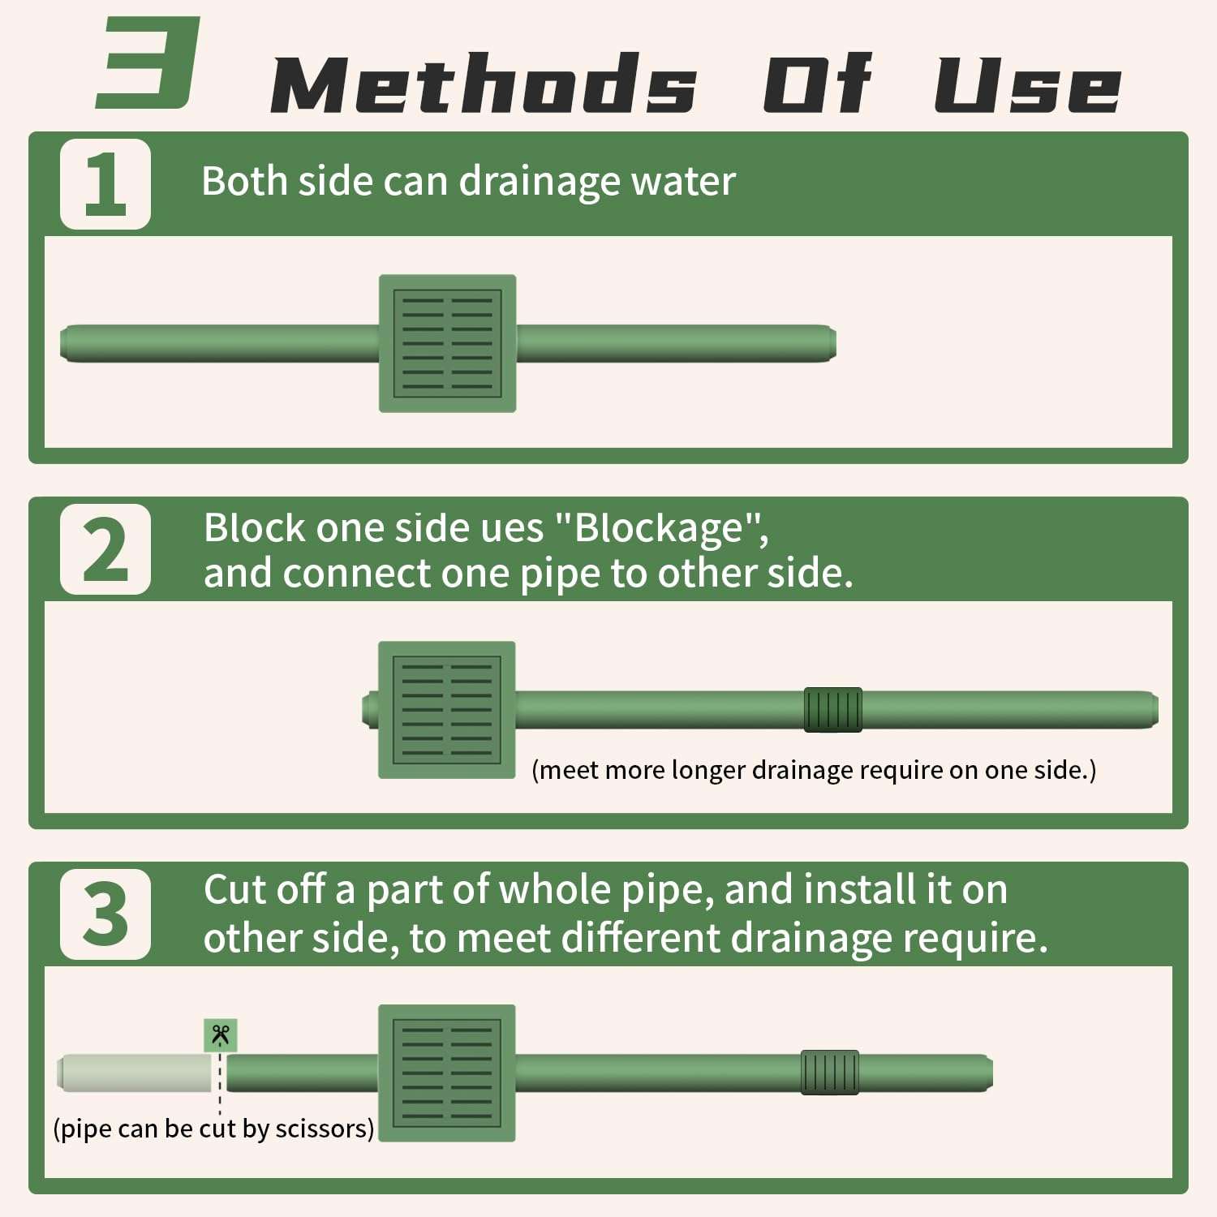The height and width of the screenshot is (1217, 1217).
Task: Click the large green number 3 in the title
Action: tap(148, 62)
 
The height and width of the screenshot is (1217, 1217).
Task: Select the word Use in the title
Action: tap(1028, 84)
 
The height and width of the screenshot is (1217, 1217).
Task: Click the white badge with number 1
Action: tap(105, 184)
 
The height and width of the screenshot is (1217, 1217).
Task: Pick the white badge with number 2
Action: tap(105, 549)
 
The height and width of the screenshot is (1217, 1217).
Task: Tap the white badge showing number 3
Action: tap(105, 914)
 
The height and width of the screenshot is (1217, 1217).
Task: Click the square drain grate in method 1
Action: tap(448, 343)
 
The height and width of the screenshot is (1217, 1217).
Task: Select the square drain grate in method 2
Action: tap(447, 710)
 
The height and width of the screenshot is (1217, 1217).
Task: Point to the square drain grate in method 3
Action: tap(447, 1073)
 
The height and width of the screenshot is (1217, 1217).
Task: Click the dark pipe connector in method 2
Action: tap(833, 710)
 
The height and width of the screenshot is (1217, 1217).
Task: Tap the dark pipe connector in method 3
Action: tap(830, 1073)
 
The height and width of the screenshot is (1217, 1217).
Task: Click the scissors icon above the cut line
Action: tap(221, 1034)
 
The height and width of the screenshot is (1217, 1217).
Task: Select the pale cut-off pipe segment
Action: tap(135, 1073)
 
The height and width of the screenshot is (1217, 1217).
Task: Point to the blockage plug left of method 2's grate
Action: tap(370, 710)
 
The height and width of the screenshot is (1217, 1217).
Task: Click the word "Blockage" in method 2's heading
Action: tap(658, 528)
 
